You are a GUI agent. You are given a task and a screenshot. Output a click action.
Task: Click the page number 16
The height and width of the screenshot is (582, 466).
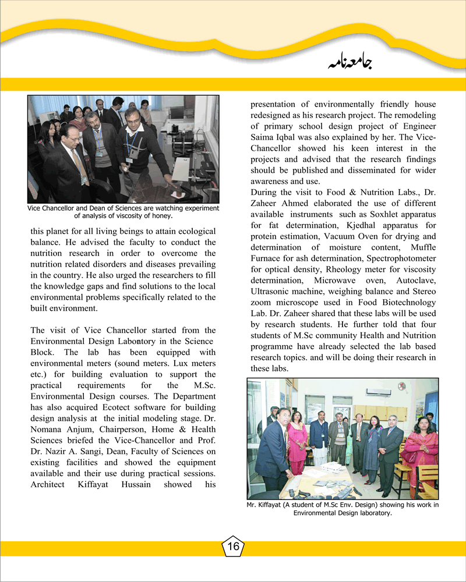coord(233,546)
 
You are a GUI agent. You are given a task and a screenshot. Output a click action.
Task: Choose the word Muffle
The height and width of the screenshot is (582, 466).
coord(421,247)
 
